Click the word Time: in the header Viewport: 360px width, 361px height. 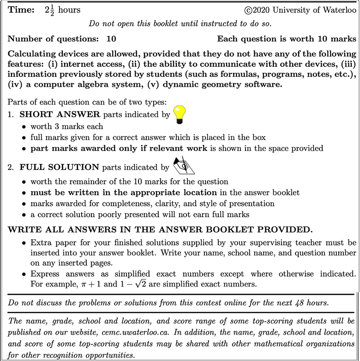tap(20, 10)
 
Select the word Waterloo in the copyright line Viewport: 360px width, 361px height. tap(337, 10)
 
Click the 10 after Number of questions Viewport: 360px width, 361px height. tap(111, 39)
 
